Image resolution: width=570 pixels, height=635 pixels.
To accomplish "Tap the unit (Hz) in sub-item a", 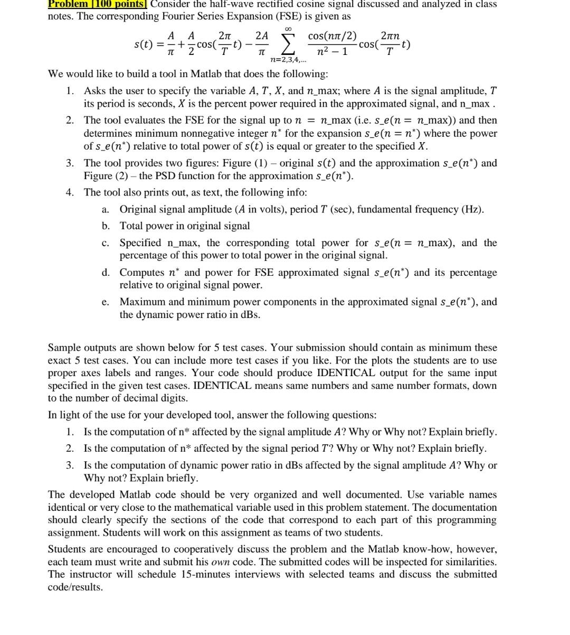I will [x=472, y=209].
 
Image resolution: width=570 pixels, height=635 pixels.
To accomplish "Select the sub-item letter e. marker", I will [x=106, y=302].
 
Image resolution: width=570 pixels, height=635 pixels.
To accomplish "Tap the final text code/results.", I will [x=75, y=587].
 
